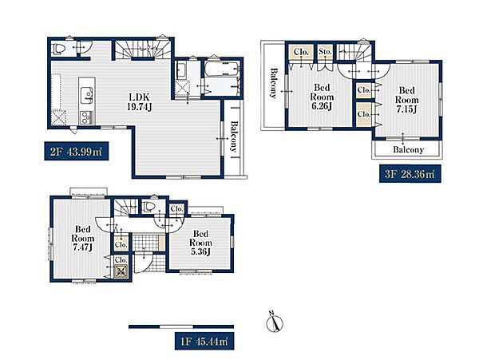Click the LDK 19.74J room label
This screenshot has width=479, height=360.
click(139, 102)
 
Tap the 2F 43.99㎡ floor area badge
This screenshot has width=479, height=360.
click(76, 151)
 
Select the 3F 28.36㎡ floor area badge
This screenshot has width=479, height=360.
click(410, 174)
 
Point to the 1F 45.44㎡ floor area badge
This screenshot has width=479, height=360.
click(204, 341)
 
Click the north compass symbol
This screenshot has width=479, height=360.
click(275, 322)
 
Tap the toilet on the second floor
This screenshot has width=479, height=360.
click(59, 49)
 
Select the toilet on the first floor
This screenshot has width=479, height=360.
click(148, 207)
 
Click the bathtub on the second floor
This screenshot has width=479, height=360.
click(221, 69)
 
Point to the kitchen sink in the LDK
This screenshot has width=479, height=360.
click(86, 95)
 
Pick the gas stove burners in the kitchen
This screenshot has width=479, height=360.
click(86, 117)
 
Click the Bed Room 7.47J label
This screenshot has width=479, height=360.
click(83, 238)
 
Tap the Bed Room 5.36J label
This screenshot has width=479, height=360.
click(200, 243)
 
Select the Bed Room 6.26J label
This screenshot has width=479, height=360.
click(322, 97)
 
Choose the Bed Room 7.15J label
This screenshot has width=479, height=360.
click(406, 100)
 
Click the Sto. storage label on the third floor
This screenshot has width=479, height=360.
click(325, 52)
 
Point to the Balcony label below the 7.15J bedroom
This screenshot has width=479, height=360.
click(408, 149)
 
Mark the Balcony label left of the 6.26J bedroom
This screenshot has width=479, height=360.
click(273, 83)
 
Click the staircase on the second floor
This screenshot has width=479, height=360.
click(142, 49)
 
